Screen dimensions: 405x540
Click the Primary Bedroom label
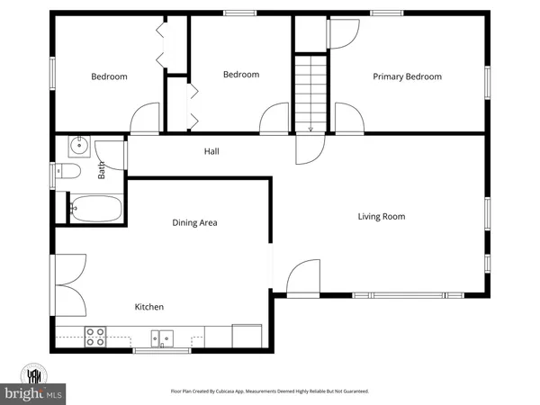pos(408,76)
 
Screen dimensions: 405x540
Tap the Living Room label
pos(382,216)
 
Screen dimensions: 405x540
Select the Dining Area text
pos(195,222)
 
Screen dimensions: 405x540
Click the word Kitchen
pos(149,307)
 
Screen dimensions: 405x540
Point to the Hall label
pos(211,152)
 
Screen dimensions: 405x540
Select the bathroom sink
pos(77,144)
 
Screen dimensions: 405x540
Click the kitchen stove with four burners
pos(94,337)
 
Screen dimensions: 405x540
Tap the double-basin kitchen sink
pos(162,338)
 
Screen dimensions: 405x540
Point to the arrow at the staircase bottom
pos(310,128)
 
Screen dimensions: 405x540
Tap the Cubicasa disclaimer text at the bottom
pos(270,391)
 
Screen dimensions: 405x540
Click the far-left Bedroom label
pos(109,76)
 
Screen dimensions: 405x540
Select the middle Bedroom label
pos(241,75)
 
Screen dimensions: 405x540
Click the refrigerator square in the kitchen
pos(246,336)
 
